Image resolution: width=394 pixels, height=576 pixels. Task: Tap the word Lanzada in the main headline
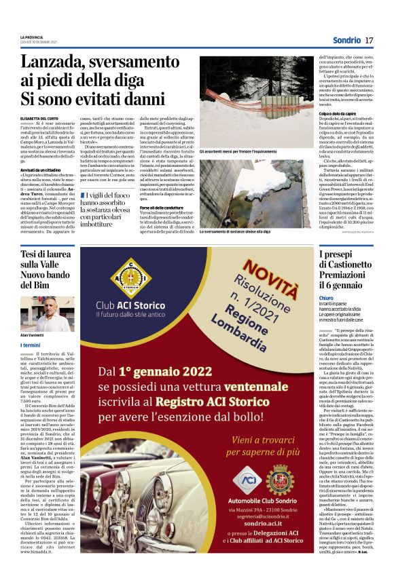[50, 63]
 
